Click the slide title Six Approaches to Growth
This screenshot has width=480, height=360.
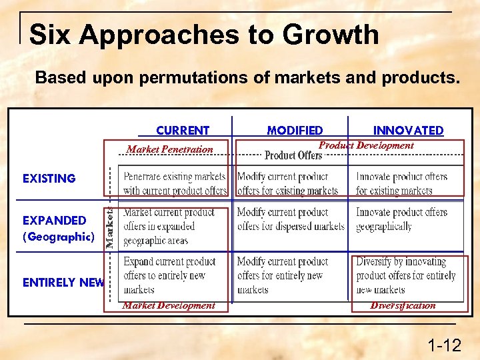coord(204,35)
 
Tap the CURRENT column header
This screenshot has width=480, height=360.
coord(183,131)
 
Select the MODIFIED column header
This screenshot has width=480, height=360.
coord(295,131)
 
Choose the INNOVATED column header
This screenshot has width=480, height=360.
coord(408,131)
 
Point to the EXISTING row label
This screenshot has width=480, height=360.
coord(49,179)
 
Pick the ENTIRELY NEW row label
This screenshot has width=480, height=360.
coord(63,283)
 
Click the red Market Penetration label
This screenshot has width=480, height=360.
coord(170,149)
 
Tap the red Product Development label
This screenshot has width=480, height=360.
coord(366,145)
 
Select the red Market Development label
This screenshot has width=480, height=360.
coord(169,305)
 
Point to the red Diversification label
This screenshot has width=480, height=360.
coord(403,305)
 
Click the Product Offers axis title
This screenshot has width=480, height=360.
coord(293,155)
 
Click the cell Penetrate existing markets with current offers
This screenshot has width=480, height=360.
coord(175,183)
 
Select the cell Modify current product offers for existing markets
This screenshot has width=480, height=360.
coord(288,183)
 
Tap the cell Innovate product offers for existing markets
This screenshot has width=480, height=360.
coord(401,183)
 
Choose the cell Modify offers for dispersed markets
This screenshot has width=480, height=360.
coord(291,219)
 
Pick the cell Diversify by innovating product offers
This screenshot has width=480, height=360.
coord(406,275)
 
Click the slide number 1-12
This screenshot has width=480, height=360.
coord(444,345)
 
